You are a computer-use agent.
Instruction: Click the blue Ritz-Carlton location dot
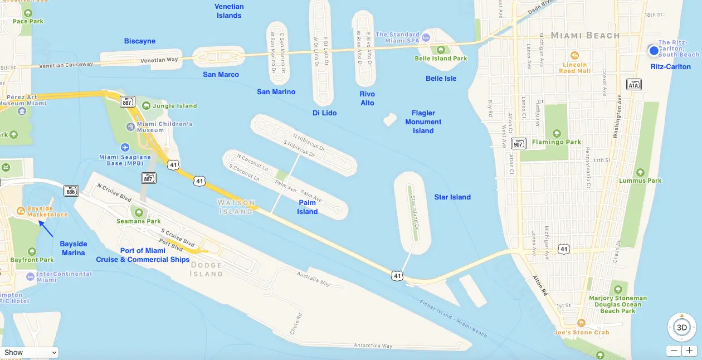(x=654, y=50)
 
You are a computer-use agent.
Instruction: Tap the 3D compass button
(x=681, y=327)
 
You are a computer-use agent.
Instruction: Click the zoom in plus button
(x=690, y=351)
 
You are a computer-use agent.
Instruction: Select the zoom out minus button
(x=674, y=351)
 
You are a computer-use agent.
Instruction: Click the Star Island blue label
(x=452, y=197)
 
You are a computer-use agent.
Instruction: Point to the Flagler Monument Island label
(x=423, y=122)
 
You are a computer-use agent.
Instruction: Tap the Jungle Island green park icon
(x=146, y=105)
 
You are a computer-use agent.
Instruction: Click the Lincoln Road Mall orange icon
(x=575, y=56)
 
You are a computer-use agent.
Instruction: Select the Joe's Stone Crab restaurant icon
(x=582, y=322)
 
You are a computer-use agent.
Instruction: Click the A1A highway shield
(x=634, y=85)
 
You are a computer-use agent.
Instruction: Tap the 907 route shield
(x=519, y=143)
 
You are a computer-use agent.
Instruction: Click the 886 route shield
(x=71, y=191)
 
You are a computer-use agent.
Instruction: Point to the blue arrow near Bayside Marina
(x=46, y=228)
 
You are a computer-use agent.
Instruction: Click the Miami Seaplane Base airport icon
(x=124, y=147)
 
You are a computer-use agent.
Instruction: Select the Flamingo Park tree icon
(x=556, y=133)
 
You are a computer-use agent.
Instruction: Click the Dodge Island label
(x=207, y=270)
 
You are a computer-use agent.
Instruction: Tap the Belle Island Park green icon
(x=441, y=50)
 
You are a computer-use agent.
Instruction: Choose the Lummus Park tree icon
(x=640, y=172)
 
